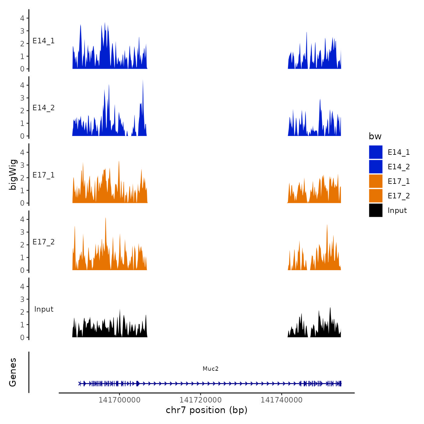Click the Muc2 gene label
click(210, 369)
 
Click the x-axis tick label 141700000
click(119, 400)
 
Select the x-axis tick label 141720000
click(200, 400)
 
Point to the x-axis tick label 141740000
click(281, 400)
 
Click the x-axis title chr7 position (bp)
click(207, 410)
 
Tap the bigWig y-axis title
click(13, 175)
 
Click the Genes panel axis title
click(13, 372)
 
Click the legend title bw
click(375, 136)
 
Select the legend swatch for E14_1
click(376, 152)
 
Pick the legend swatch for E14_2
click(376, 167)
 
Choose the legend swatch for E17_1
click(376, 181)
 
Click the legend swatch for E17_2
click(376, 196)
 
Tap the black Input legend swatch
click(376, 210)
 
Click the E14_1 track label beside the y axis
click(44, 41)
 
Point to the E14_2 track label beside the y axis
click(44, 108)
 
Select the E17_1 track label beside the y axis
click(44, 175)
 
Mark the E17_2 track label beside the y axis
click(44, 242)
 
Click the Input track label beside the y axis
click(44, 309)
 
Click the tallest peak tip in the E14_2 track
click(143, 80)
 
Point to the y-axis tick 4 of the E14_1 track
click(22, 18)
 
